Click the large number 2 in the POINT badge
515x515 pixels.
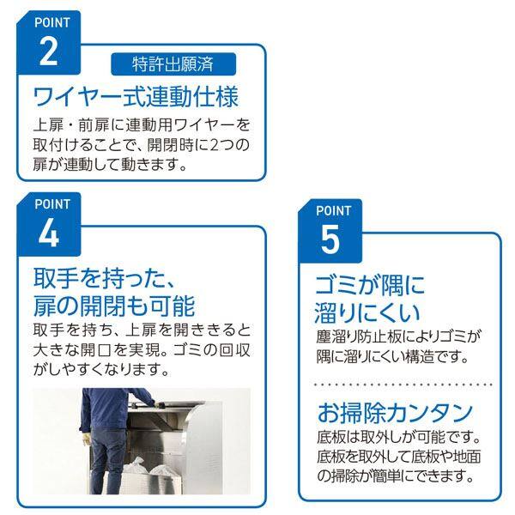49,51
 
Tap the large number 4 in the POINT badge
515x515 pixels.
49,233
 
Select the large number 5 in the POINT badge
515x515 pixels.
330,241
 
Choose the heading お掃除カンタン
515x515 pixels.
394,411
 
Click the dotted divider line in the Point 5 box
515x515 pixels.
399,385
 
